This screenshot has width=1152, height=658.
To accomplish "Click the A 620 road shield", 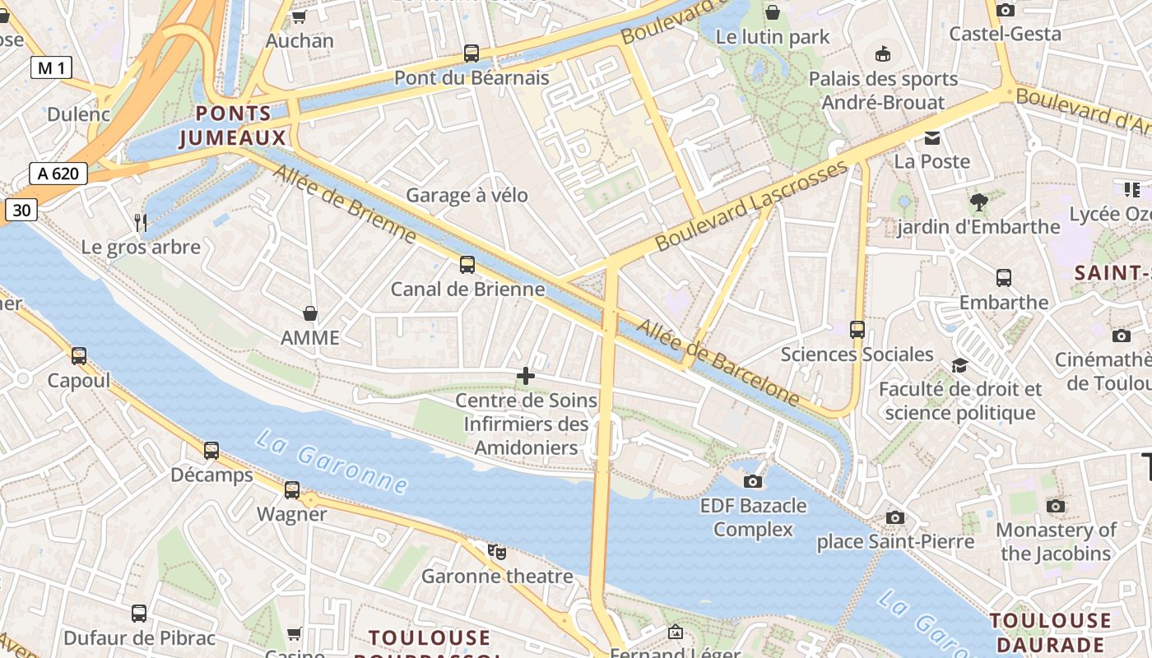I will pos(58,174).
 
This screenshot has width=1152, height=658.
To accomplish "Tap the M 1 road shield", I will pos(51,67).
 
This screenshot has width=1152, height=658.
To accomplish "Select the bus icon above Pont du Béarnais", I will pos(471,53).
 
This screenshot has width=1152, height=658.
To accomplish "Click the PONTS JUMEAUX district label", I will pos(233,126).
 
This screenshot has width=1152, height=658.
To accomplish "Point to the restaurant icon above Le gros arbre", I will pos(141,222).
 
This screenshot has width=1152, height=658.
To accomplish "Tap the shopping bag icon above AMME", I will pos(310,313).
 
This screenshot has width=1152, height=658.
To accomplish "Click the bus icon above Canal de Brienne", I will pos(467,265).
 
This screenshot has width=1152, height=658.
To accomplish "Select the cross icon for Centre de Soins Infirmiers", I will pos(526,377).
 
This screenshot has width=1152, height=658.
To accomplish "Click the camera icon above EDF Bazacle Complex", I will pos(753,481).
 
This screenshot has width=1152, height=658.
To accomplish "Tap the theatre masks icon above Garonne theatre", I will pos(496,551).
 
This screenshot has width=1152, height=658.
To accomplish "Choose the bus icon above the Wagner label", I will pos(292,490).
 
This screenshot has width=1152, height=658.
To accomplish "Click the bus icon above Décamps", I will pos(211,451).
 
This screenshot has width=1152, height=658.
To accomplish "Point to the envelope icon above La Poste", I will pos(931,137).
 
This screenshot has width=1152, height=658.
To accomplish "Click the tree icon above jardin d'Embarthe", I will pos(978,202).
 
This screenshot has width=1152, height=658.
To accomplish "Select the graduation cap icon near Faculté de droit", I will pos(959,364).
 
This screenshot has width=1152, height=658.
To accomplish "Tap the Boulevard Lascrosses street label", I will pos(751,206).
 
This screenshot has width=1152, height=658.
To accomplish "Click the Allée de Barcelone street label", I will pos(718,363).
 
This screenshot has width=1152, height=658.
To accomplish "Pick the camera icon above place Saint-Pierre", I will pos(895,517).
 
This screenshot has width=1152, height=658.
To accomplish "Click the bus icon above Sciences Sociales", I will pos(857,330).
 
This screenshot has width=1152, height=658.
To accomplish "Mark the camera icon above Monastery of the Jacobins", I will pos(1056,506).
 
